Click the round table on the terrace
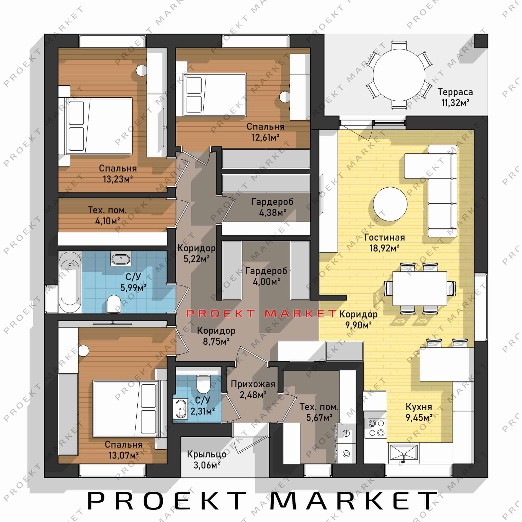pyautogui.click(x=399, y=75)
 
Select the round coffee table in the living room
pyautogui.click(x=390, y=204)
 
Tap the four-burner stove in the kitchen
pyautogui.click(x=375, y=428)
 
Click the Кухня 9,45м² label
pyautogui.click(x=419, y=412)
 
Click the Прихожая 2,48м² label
pyautogui.click(x=253, y=389)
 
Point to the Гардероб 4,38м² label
pyautogui.click(x=272, y=207)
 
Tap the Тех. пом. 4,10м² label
pyautogui.click(x=107, y=215)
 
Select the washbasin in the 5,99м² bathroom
pyautogui.click(x=121, y=258)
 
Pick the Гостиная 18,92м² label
pyautogui.click(x=384, y=243)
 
